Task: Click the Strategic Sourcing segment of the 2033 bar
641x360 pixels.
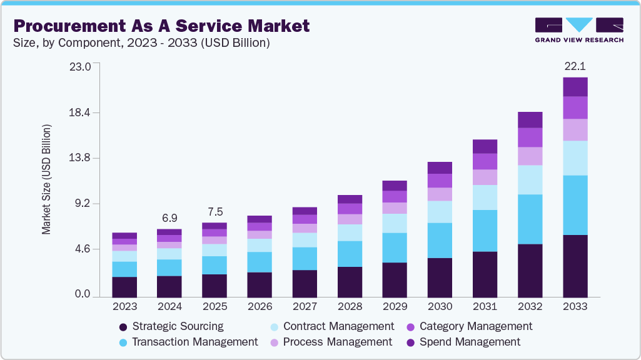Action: point(575,266)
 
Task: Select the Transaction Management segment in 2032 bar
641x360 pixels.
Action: point(530,219)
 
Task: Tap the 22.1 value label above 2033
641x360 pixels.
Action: point(575,66)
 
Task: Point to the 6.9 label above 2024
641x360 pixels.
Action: point(169,218)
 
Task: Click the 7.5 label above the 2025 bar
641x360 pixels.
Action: point(215,211)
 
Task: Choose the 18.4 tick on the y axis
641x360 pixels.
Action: point(81,112)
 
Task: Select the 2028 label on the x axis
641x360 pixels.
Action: point(350,307)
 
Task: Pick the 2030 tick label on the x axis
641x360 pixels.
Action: point(440,307)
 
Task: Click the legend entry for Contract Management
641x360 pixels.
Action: point(338,326)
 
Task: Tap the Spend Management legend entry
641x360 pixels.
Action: point(470,342)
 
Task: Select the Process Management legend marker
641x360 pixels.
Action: point(273,342)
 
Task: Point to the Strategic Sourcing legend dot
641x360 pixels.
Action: point(123,327)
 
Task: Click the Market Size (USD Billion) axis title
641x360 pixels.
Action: point(47,180)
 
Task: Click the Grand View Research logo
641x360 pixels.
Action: point(579,29)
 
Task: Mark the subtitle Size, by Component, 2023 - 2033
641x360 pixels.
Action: point(141,43)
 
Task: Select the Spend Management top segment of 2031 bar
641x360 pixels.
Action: point(485,146)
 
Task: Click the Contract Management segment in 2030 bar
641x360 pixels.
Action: point(440,212)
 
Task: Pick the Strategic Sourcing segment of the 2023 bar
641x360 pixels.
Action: point(124,286)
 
